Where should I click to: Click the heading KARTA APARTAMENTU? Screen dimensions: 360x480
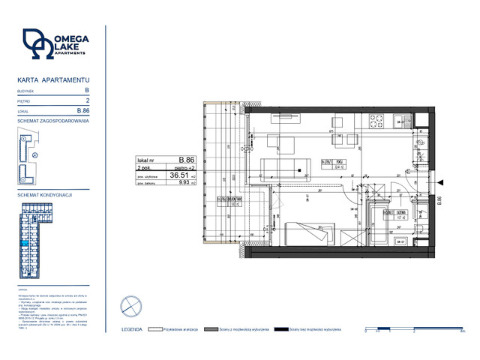point(53,79)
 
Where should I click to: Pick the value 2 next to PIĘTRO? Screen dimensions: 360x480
point(88,100)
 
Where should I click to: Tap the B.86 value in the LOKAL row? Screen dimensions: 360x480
point(84,110)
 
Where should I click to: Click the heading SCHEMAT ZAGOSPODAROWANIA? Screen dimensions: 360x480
point(53,121)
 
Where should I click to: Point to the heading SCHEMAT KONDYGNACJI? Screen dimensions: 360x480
point(45,194)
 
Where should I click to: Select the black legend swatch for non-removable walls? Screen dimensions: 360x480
point(282,330)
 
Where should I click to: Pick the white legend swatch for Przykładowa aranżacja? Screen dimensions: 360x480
point(157,330)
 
